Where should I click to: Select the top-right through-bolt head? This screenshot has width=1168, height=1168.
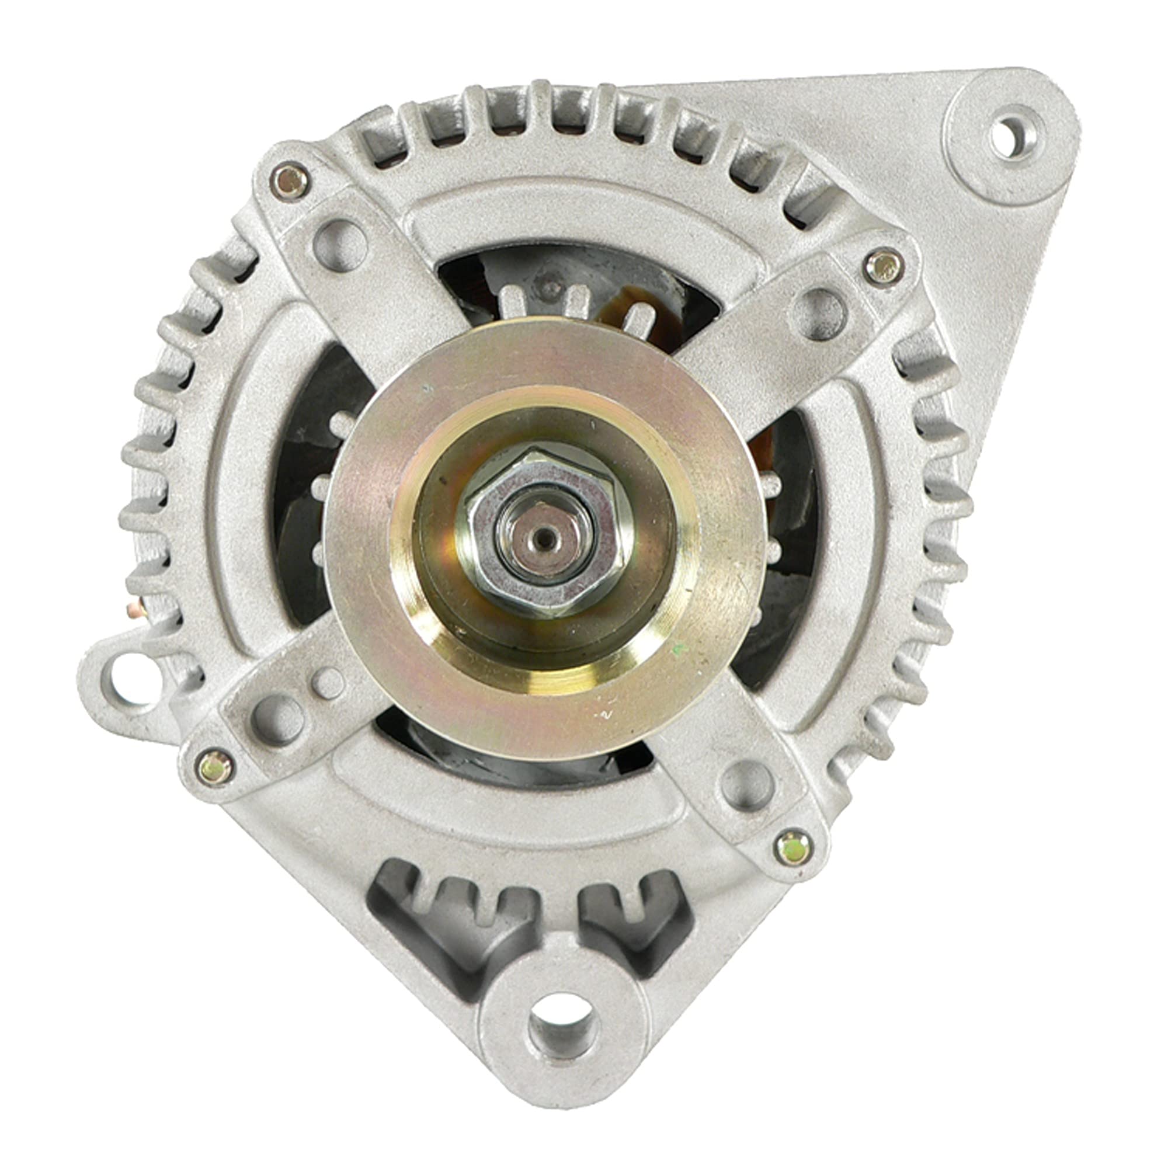click(882, 268)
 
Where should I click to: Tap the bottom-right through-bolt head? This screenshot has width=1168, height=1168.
click(792, 848)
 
